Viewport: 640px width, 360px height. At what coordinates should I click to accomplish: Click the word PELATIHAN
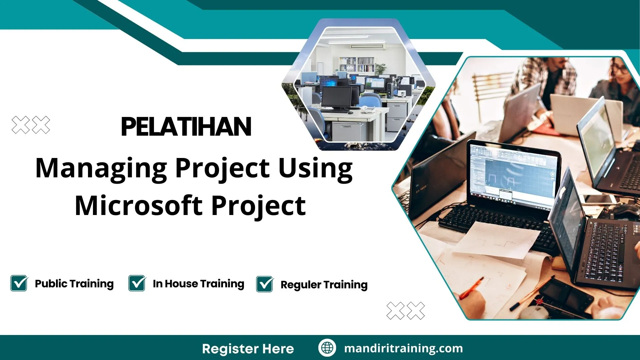pyautogui.click(x=186, y=127)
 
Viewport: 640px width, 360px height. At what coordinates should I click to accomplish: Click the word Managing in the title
pyautogui.click(x=101, y=168)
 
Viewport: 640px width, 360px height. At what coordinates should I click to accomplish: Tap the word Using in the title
pyautogui.click(x=315, y=168)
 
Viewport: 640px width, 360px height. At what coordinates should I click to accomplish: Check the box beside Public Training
pyautogui.click(x=19, y=283)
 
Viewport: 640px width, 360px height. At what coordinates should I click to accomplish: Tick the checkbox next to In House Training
pyautogui.click(x=137, y=283)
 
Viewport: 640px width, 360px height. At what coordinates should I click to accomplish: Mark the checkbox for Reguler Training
pyautogui.click(x=265, y=284)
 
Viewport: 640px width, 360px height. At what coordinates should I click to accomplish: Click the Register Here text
pyautogui.click(x=248, y=349)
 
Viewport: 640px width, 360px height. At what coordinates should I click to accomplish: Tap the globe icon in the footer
pyautogui.click(x=327, y=348)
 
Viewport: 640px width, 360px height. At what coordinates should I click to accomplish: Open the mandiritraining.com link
pyautogui.click(x=403, y=348)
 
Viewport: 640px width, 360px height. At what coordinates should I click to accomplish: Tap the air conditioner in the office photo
pyautogui.click(x=367, y=46)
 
